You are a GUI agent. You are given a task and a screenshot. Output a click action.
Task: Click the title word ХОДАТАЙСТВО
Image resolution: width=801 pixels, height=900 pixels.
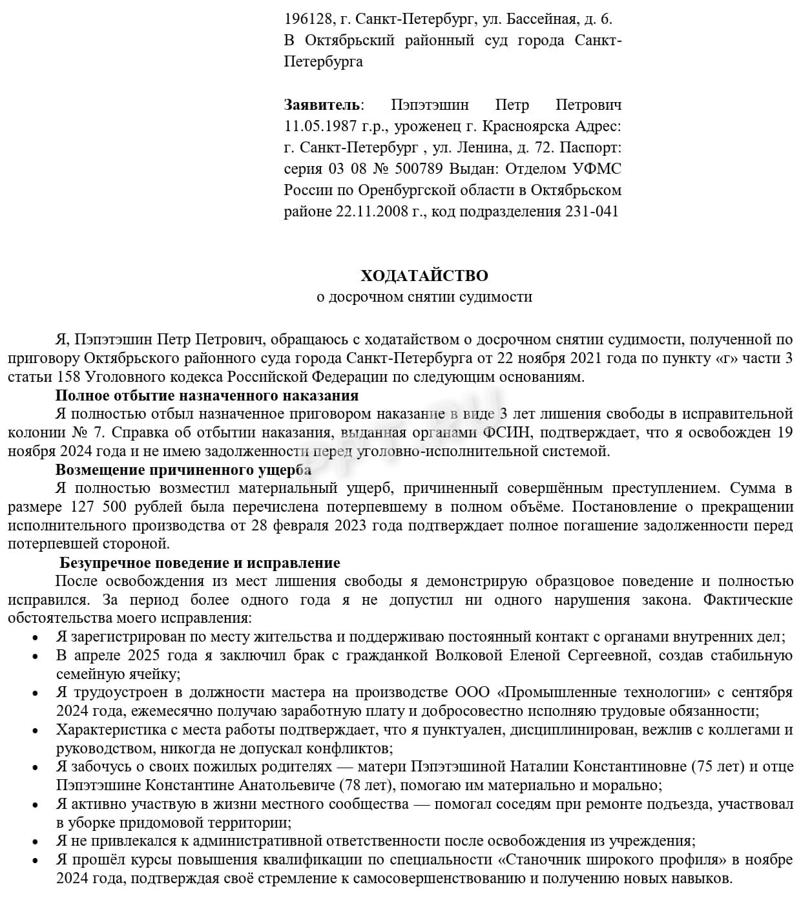click(424, 276)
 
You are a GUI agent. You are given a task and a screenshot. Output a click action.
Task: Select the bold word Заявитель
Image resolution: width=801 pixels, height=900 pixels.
click(322, 105)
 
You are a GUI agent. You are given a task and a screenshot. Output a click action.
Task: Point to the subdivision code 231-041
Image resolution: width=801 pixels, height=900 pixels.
click(592, 211)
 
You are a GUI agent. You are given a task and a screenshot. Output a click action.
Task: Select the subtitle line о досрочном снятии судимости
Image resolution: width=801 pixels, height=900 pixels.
click(424, 297)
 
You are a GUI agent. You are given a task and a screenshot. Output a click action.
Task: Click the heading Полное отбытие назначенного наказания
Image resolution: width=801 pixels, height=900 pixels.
click(207, 395)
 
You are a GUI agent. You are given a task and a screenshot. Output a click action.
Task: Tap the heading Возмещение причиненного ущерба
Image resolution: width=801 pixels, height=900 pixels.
click(183, 470)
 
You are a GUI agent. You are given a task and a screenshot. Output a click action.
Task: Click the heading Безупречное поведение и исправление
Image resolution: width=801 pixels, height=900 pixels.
click(200, 563)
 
